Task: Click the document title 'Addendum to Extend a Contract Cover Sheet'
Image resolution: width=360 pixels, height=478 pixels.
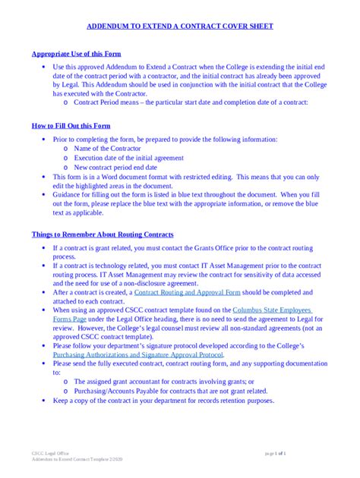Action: pyautogui.click(x=179, y=26)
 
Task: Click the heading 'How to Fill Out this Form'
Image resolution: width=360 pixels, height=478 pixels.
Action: pyautogui.click(x=71, y=125)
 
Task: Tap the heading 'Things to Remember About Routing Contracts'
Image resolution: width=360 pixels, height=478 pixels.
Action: pyautogui.click(x=102, y=234)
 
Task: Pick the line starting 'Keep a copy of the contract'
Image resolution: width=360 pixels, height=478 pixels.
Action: pyautogui.click(x=163, y=400)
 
